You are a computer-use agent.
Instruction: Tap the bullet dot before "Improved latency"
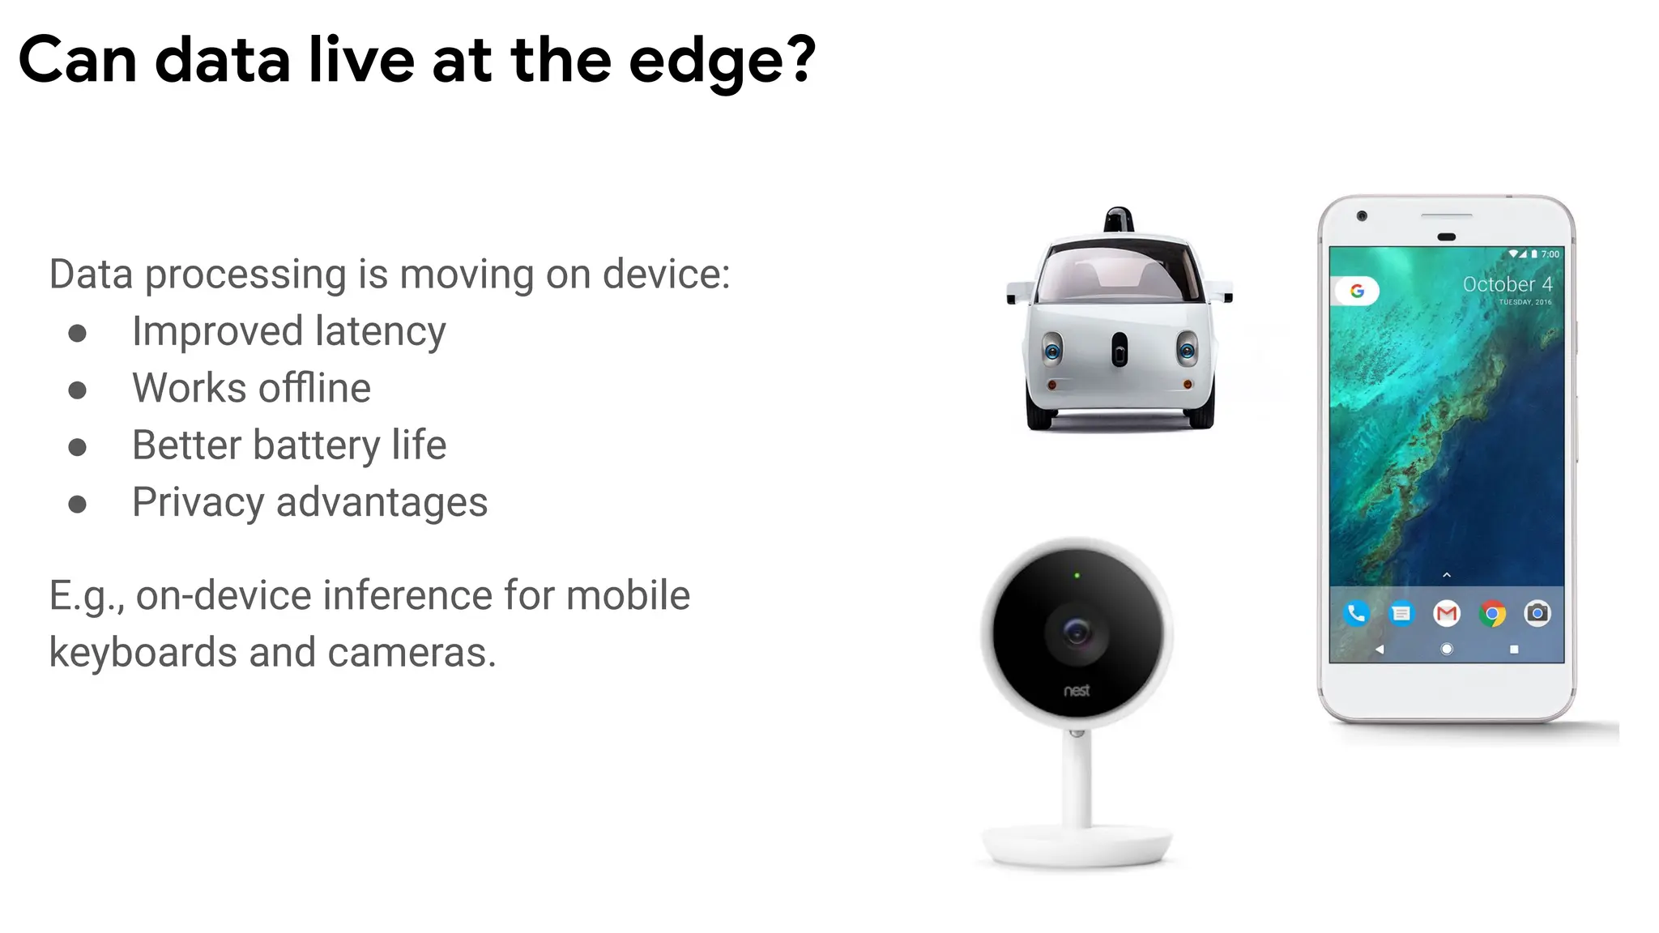tap(78, 334)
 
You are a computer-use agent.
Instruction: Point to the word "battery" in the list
tap(317, 445)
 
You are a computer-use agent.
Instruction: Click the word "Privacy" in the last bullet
tap(198, 502)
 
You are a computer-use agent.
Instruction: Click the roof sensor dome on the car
tap(1119, 218)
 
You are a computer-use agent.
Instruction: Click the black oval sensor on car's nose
tap(1120, 350)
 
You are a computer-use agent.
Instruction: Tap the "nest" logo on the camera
tap(1077, 691)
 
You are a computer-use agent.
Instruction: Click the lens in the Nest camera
tap(1077, 631)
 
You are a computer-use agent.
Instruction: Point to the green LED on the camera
tap(1077, 576)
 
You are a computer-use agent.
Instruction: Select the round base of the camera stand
tap(1077, 846)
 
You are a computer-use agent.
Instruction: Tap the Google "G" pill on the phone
tap(1357, 291)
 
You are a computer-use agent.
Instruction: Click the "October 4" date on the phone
tap(1507, 284)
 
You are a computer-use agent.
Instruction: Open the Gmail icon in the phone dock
tap(1447, 614)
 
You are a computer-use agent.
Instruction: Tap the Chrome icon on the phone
tap(1492, 614)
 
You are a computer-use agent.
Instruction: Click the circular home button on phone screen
tap(1447, 649)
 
